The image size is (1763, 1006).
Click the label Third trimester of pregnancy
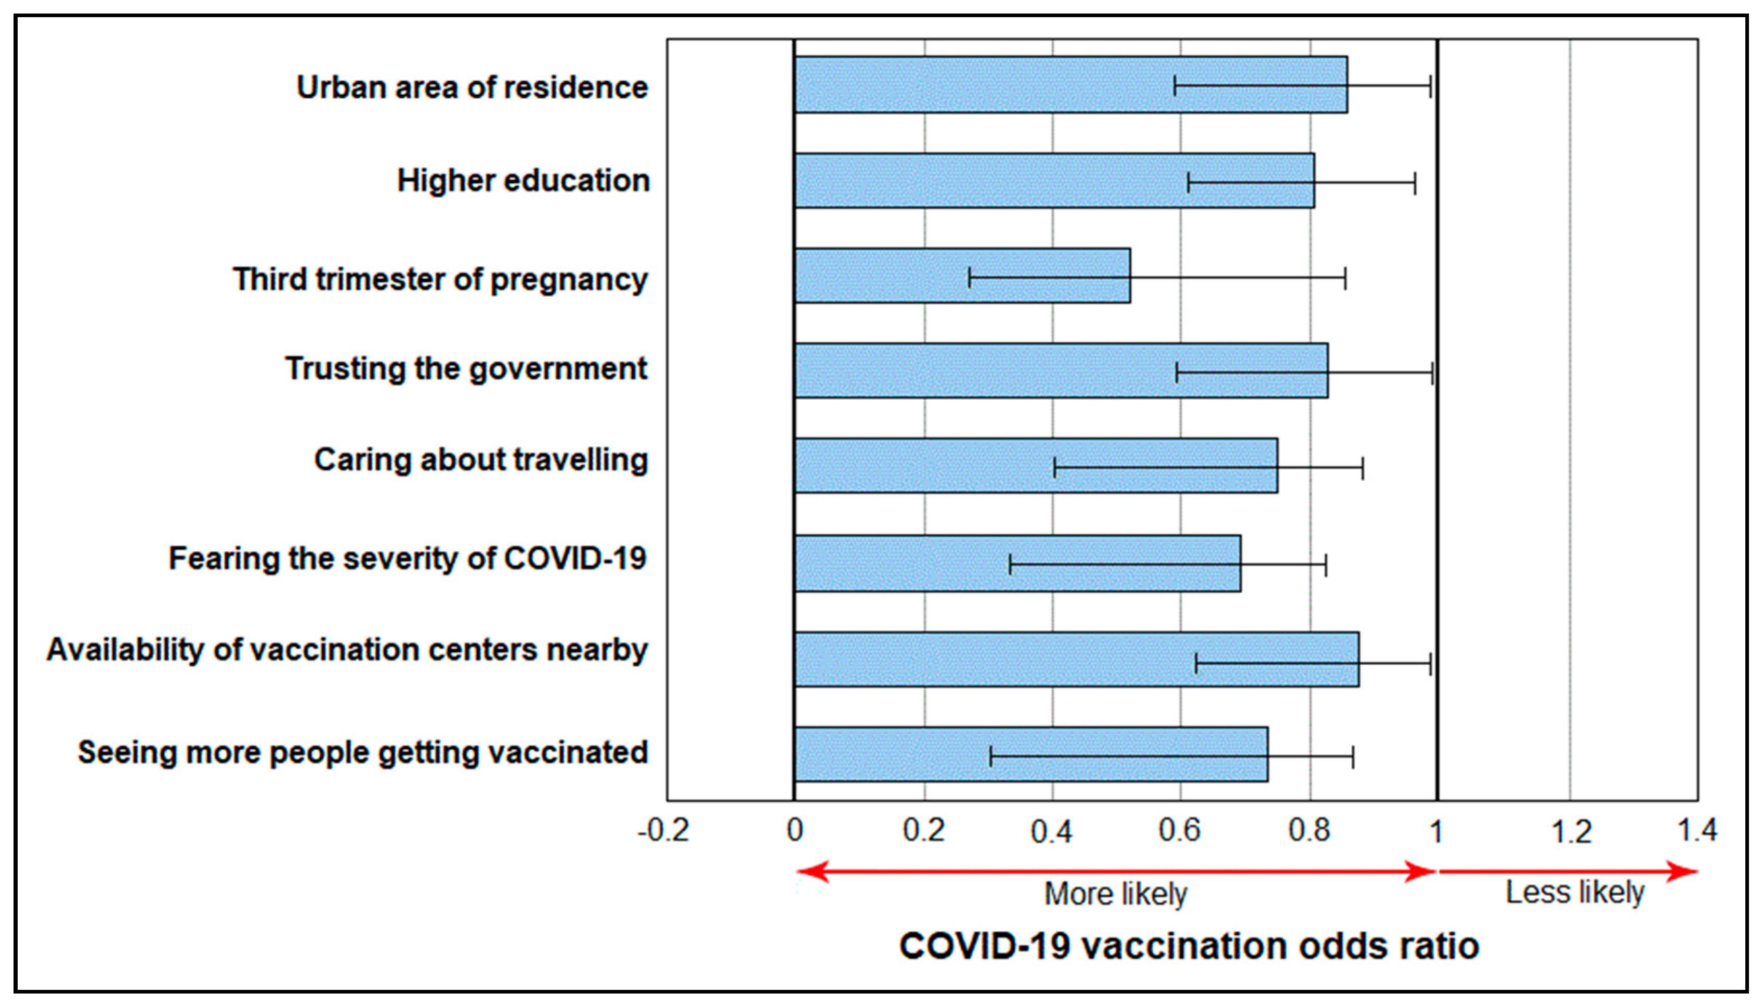[x=440, y=280]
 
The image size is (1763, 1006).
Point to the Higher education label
[x=523, y=181]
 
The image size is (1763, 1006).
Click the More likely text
[x=1115, y=894]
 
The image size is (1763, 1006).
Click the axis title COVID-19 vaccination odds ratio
[x=1189, y=946]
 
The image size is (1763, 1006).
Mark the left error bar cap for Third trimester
[x=970, y=277]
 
